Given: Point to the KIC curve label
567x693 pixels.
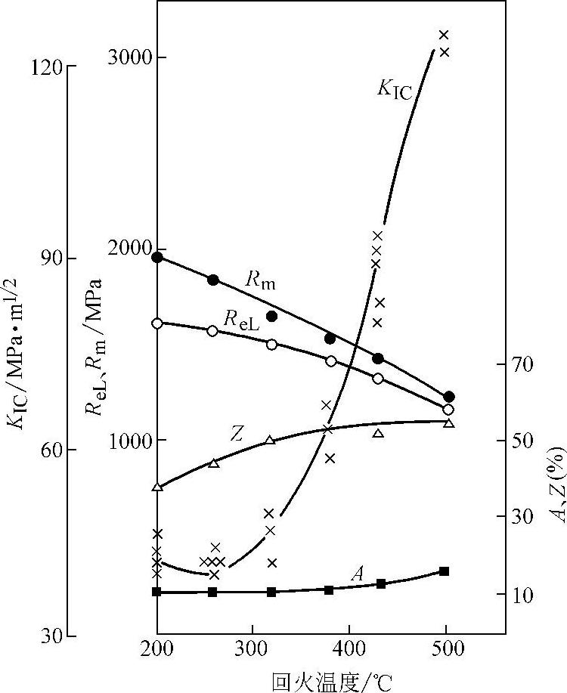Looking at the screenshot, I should pos(394,90).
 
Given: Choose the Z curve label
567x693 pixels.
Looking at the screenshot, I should pos(237,432).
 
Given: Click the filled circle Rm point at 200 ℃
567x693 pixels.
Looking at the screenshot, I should pos(157,257).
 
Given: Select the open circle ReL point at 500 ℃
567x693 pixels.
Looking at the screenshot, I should pos(448,410).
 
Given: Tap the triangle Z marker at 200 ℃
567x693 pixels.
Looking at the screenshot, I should pos(157,487).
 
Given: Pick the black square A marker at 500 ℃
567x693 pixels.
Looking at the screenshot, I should pos(445,571).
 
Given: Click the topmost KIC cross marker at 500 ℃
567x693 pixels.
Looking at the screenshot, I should pos(445,35).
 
